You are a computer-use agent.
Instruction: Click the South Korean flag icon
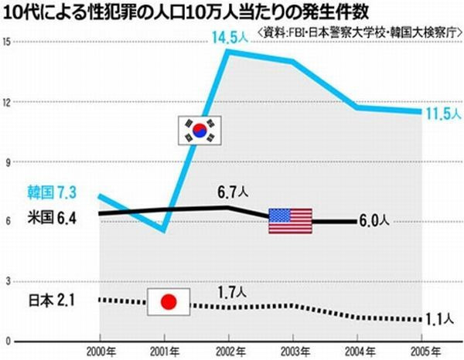pyautogui.click(x=200, y=129)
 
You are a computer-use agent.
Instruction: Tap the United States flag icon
pyautogui.click(x=290, y=221)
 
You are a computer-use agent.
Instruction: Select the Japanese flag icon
pyautogui.click(x=168, y=302)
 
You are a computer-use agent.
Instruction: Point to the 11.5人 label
pyautogui.click(x=442, y=114)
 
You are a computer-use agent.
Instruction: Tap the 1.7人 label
pyautogui.click(x=230, y=293)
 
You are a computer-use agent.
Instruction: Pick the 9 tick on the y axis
pyautogui.click(x=6, y=161)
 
